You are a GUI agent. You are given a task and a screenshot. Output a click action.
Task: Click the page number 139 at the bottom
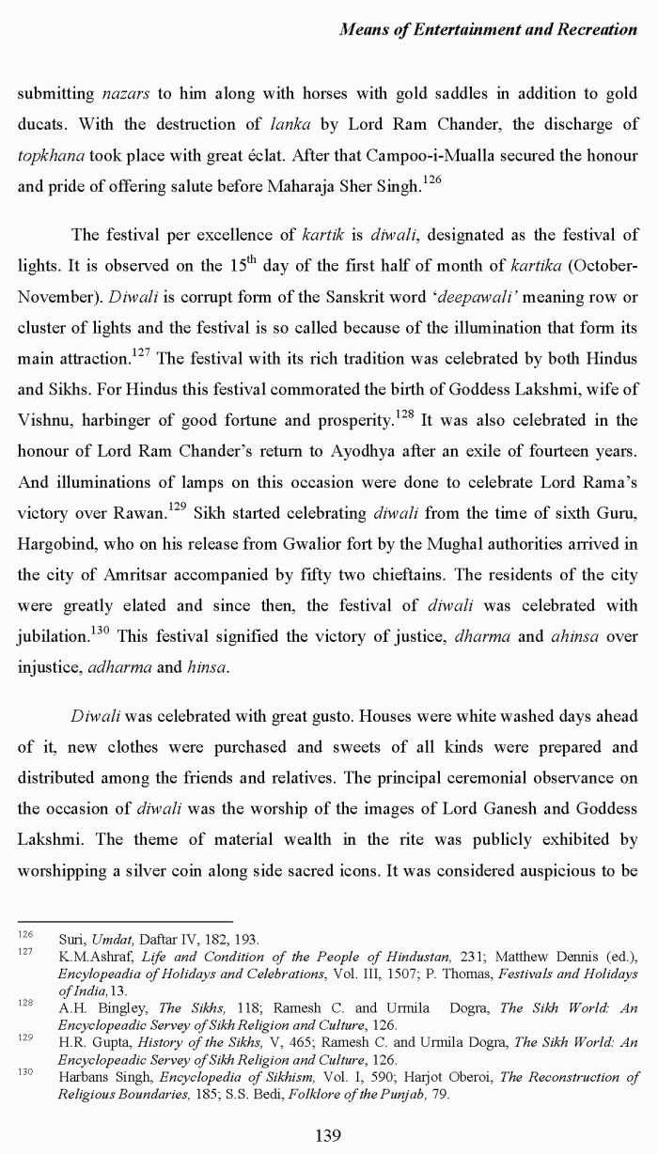(327, 1135)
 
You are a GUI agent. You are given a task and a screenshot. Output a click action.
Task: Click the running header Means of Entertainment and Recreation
(487, 29)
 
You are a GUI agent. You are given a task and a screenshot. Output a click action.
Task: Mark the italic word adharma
(119, 668)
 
